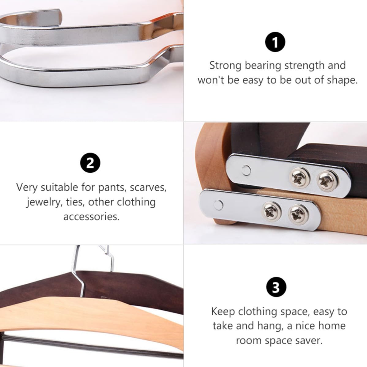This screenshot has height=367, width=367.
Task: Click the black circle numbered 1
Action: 275,42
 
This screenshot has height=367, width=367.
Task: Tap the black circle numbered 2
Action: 90,163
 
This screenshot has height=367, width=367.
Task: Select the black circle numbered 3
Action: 276,287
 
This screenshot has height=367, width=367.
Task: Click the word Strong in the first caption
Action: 225,66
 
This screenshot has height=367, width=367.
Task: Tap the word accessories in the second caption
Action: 91,217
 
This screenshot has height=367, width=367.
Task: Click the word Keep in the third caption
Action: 223,312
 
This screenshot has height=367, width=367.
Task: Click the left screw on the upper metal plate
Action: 300,178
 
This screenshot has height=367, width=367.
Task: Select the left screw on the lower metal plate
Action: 272,212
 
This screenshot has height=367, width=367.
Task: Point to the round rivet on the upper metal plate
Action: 246,170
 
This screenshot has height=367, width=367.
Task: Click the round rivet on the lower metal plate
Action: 218,205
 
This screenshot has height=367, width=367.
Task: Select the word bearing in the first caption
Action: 263,66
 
